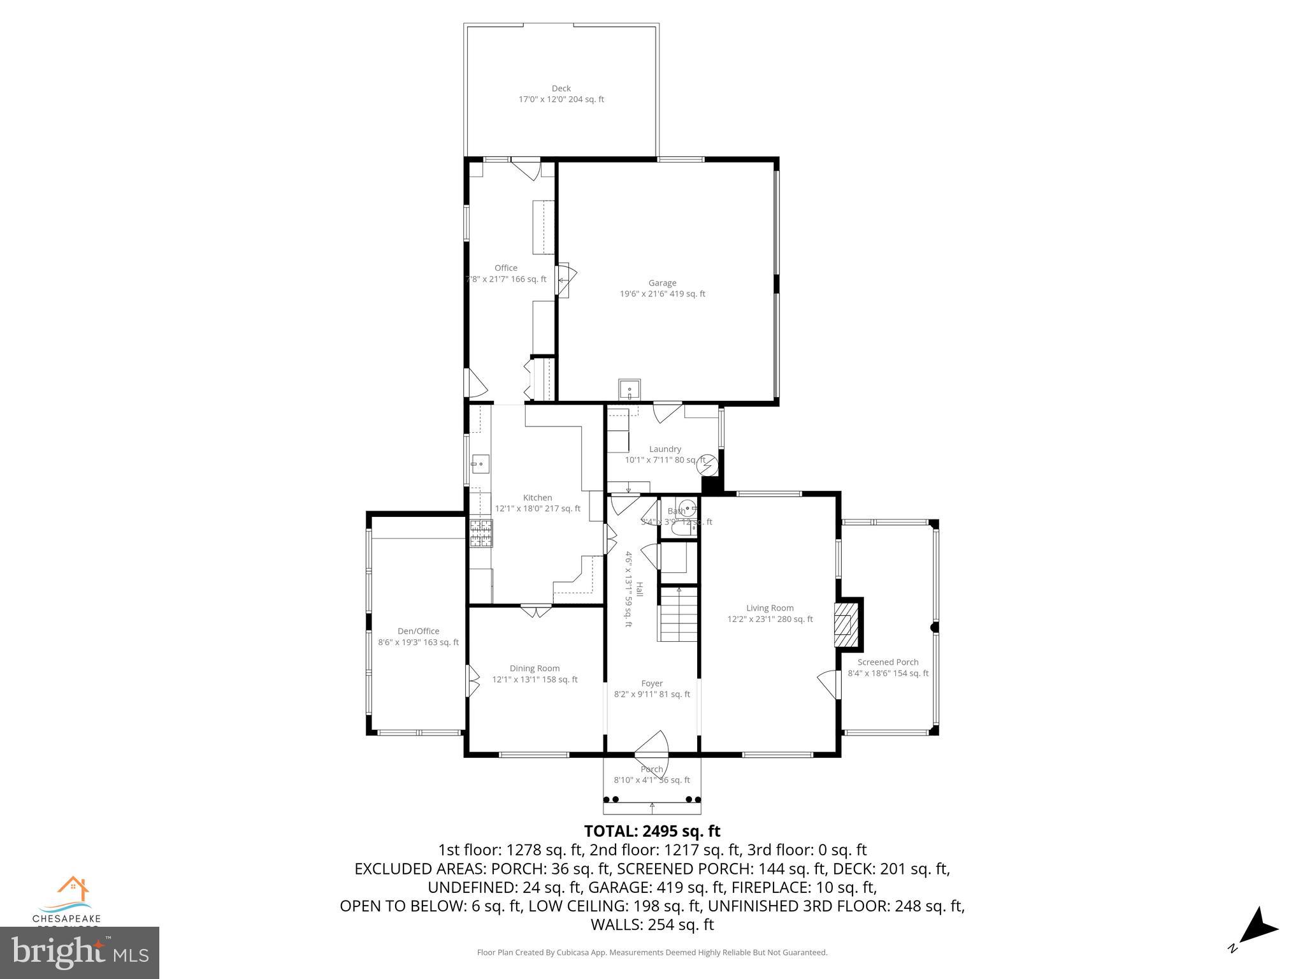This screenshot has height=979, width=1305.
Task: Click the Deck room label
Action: pyautogui.click(x=561, y=94)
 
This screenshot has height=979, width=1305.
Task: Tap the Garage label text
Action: pyautogui.click(x=662, y=288)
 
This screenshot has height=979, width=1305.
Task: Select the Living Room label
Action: pyautogui.click(x=770, y=613)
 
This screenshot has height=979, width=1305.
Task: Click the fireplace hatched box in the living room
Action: pyautogui.click(x=846, y=623)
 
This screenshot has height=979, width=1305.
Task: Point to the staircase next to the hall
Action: pyautogui.click(x=679, y=616)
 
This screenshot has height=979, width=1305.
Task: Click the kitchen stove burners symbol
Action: pyautogui.click(x=481, y=534)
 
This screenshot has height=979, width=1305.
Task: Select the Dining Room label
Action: pyautogui.click(x=535, y=674)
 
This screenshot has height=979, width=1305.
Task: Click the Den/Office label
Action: pyautogui.click(x=418, y=636)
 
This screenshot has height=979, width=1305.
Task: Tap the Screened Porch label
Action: pyautogui.click(x=888, y=667)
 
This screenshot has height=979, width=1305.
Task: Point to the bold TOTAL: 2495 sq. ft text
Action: pyautogui.click(x=652, y=831)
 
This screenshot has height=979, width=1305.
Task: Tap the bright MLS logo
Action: pyautogui.click(x=80, y=952)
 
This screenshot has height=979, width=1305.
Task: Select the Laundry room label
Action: pyautogui.click(x=665, y=454)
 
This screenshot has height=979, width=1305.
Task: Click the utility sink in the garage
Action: pyautogui.click(x=630, y=388)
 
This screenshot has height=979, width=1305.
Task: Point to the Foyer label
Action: pyautogui.click(x=652, y=688)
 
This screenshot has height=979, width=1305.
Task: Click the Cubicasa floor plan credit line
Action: pyautogui.click(x=652, y=952)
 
